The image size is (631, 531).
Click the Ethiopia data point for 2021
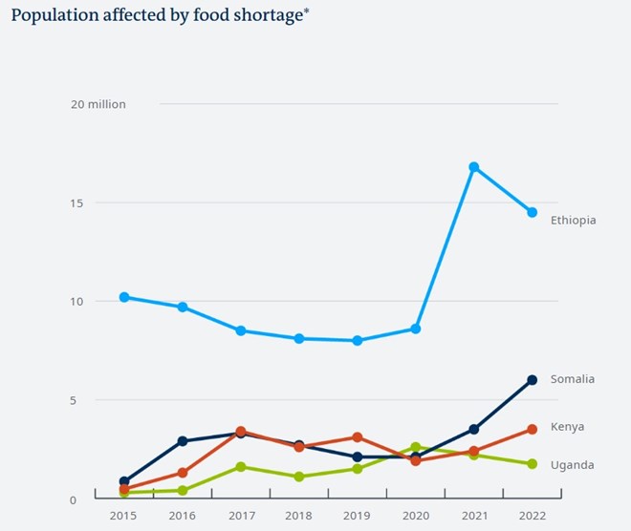tap(473, 167)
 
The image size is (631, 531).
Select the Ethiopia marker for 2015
tap(124, 297)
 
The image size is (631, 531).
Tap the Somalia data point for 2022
tap(532, 380)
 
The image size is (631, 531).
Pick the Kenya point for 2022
tap(532, 430)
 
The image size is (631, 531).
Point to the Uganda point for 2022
tap(532, 464)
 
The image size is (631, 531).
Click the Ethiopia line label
tap(573, 221)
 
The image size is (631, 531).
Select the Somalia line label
tap(572, 379)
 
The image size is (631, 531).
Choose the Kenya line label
tap(567, 427)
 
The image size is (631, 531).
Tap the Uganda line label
tap(572, 465)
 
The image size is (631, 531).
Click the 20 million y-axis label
tap(98, 104)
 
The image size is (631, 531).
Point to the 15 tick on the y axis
tap(76, 203)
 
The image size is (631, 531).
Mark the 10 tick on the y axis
tap(76, 302)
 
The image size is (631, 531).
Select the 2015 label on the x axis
tap(124, 516)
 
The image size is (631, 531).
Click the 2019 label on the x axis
tap(357, 516)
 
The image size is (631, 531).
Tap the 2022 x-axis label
tap(532, 516)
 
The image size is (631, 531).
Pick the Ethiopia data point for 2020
tap(415, 329)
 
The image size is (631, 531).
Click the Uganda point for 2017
tap(241, 467)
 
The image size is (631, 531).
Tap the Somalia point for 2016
tap(183, 441)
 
